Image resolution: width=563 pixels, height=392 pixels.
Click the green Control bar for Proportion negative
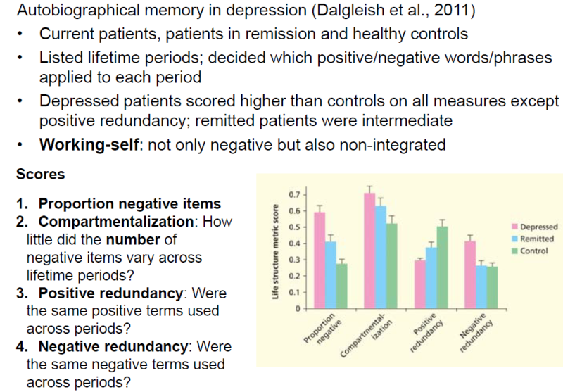[x=342, y=286]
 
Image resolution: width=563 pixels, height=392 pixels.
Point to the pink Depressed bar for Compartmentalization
[x=369, y=251]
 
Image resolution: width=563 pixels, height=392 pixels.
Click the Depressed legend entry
[x=538, y=227]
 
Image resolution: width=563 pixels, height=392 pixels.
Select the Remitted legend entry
[x=536, y=239]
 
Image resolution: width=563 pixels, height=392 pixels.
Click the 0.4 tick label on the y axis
[x=294, y=244]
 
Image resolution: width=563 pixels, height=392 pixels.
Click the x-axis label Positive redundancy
[x=424, y=329]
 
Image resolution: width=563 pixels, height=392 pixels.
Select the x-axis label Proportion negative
[x=321, y=329]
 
